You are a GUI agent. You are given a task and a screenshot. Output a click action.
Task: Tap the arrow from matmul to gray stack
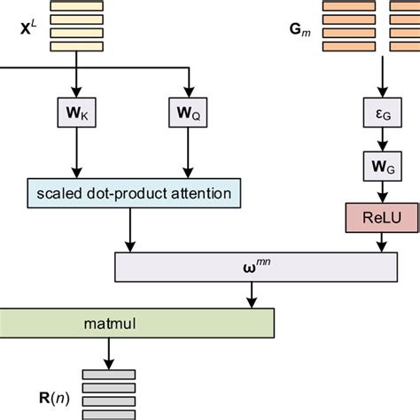coord(109,352)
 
